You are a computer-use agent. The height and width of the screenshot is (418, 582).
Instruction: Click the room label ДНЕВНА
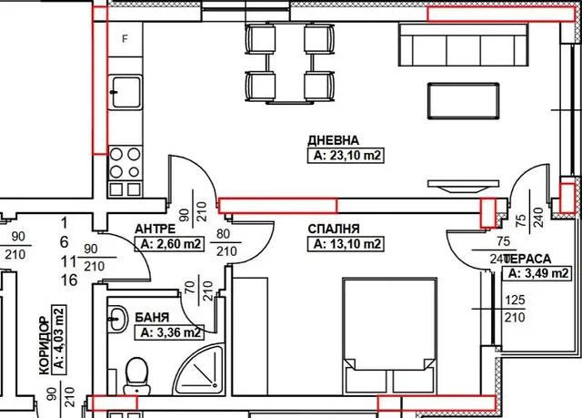[x=334, y=140]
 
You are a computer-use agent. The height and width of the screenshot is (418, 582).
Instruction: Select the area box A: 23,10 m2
[x=346, y=156]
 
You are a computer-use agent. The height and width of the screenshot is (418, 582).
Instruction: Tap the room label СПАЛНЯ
[x=334, y=229]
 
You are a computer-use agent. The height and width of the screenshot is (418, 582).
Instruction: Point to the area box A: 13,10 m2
[x=346, y=244]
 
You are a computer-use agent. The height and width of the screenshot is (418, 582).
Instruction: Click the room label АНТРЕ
[x=155, y=229]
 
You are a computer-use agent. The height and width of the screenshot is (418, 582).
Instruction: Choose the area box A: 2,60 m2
[x=169, y=244]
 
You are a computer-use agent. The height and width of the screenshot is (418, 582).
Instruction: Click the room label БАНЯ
[x=152, y=317]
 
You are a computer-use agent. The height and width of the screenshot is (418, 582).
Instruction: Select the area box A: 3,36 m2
[x=169, y=332]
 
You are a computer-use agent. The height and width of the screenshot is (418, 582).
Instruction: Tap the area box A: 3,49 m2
[x=537, y=273]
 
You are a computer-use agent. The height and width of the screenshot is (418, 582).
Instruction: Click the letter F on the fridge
[x=125, y=38]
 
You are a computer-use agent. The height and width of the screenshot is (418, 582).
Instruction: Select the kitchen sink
[x=125, y=92]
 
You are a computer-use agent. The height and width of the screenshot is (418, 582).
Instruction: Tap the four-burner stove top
[x=125, y=163]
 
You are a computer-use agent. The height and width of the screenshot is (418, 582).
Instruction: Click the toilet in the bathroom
[x=137, y=376]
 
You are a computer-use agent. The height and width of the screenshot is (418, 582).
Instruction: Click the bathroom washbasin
[x=117, y=319]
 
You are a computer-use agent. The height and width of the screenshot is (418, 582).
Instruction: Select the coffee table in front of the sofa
[x=463, y=101]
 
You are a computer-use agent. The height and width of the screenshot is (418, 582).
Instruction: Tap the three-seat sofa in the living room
[x=463, y=45]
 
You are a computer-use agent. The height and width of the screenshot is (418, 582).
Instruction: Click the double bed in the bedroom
[x=390, y=335]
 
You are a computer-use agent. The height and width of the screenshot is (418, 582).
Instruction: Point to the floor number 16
[x=69, y=280]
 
